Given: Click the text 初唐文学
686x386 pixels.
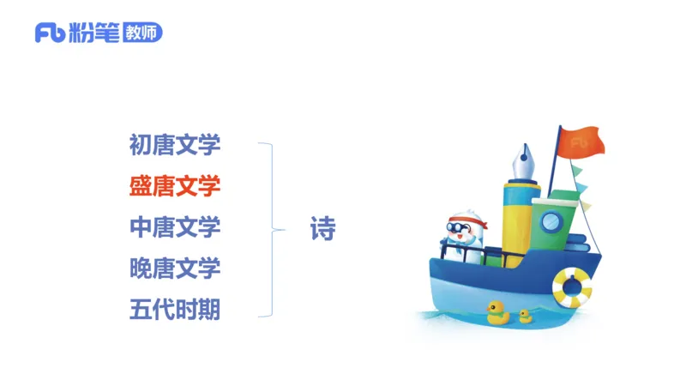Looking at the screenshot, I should (175, 144).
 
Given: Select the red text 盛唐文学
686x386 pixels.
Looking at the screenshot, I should (175, 185).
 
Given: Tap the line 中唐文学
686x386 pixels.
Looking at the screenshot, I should (175, 227).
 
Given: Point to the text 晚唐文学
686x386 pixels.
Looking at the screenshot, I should (175, 268).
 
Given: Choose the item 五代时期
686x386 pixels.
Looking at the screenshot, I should (175, 310).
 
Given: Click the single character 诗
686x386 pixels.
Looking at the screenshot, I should (322, 229).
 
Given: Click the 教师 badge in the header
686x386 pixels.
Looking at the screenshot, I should (141, 33).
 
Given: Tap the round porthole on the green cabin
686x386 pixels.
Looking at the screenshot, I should (549, 223).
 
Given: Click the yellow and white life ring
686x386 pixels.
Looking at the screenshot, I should (572, 287).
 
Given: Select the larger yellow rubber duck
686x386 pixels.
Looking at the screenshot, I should (497, 312).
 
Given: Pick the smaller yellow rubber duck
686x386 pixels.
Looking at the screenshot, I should (525, 316).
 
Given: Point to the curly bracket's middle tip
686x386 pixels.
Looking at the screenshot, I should (282, 229).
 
